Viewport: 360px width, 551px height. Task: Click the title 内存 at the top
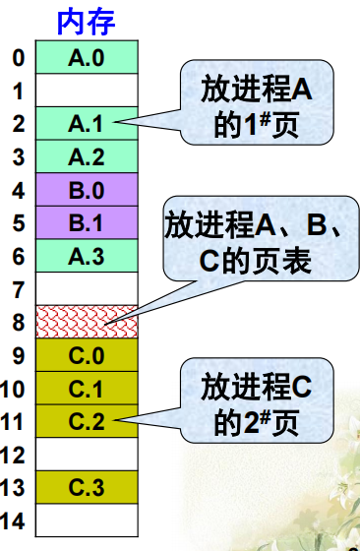click(x=87, y=21)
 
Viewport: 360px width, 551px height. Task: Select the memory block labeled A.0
click(x=86, y=58)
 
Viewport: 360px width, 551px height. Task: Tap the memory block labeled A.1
click(x=86, y=124)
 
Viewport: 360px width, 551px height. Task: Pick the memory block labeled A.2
click(x=86, y=156)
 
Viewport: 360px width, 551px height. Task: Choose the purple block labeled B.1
click(x=86, y=222)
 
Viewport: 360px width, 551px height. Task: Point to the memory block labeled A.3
click(x=86, y=256)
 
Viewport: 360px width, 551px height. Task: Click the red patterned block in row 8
click(x=86, y=322)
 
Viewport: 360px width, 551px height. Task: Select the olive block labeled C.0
click(x=86, y=355)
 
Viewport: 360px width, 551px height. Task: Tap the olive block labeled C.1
click(x=86, y=389)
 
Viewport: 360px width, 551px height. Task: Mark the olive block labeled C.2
click(x=86, y=421)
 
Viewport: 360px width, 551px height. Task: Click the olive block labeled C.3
click(x=86, y=487)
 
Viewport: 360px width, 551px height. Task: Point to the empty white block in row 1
click(x=86, y=92)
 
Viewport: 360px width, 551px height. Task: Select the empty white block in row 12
click(x=86, y=454)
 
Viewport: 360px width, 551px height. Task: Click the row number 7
click(x=18, y=289)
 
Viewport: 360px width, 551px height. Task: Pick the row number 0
click(x=18, y=58)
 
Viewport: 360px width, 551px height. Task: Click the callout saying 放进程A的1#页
click(x=255, y=106)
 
